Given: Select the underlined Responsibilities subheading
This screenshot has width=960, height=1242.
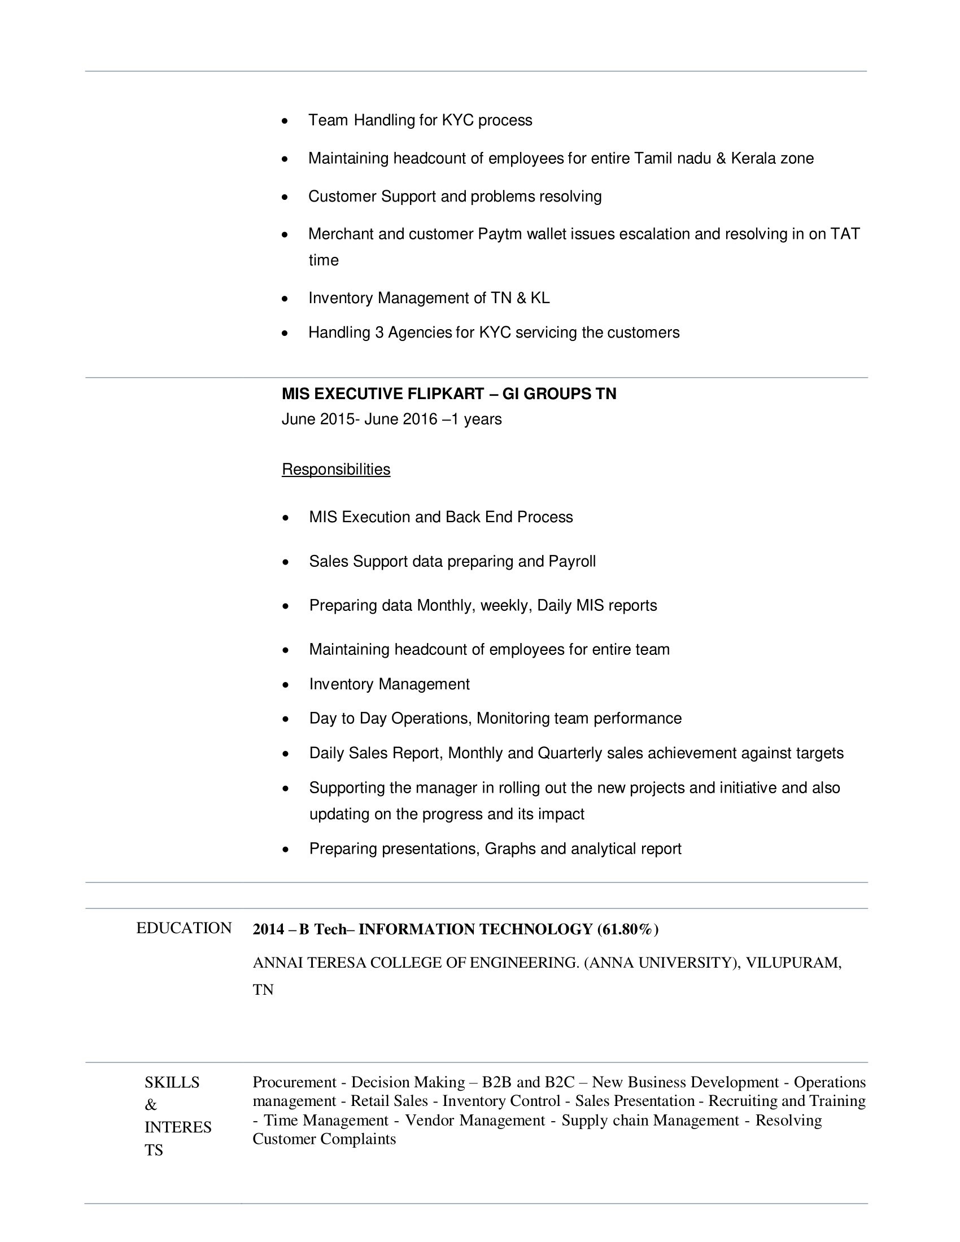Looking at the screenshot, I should point(335,470).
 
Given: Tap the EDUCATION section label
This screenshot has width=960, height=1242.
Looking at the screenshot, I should point(184,928).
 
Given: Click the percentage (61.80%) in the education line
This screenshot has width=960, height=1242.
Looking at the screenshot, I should point(627,929).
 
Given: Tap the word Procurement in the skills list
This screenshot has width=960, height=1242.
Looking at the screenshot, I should point(295,1082).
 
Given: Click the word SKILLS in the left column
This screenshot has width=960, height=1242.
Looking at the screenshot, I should point(172,1082).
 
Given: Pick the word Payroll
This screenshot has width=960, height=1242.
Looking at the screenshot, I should point(571,562).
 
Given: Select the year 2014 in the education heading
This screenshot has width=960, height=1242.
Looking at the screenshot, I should point(268,929).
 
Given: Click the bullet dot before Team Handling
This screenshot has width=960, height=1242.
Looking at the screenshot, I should point(286,121).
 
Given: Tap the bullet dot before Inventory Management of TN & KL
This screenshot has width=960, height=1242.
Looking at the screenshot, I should point(286,299).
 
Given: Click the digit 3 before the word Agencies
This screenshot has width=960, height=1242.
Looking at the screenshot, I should point(379,333).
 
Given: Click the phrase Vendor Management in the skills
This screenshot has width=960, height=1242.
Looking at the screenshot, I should point(475,1120).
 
